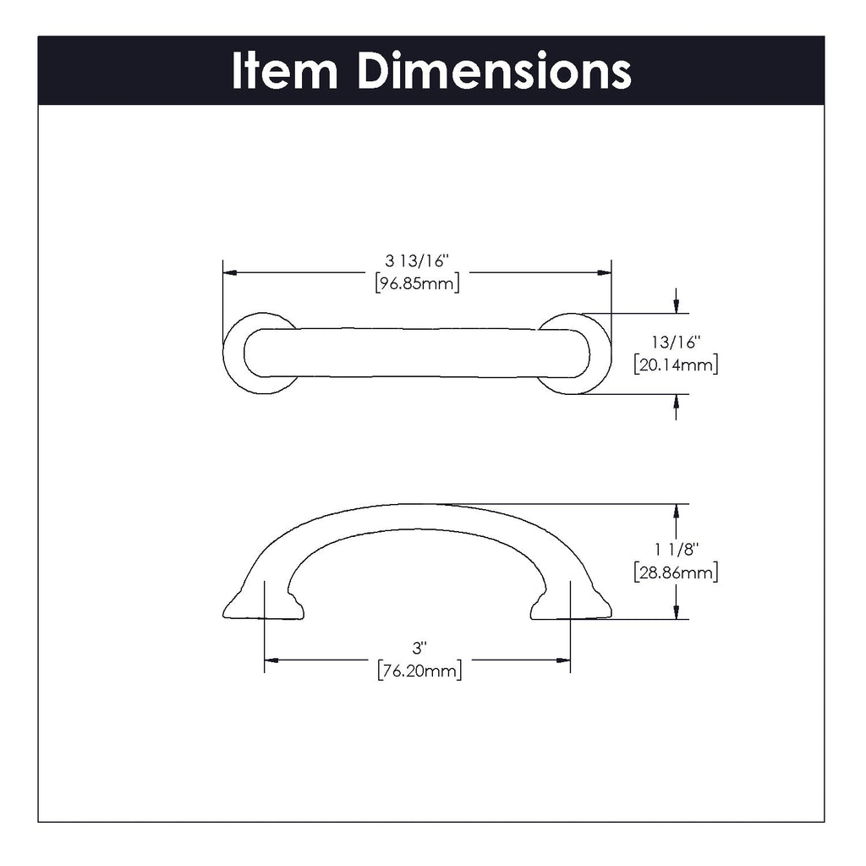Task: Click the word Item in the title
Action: (x=283, y=71)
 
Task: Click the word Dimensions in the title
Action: (x=494, y=71)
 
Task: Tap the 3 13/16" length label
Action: (x=417, y=261)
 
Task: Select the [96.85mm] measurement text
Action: (x=417, y=283)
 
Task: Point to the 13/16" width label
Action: (x=675, y=343)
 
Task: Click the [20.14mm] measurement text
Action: (x=675, y=365)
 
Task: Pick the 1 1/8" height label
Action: (x=675, y=550)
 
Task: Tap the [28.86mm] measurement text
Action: (x=675, y=573)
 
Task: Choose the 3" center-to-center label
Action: (x=417, y=649)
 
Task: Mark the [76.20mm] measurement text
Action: (x=419, y=671)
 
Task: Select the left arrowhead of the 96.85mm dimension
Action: (x=228, y=272)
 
